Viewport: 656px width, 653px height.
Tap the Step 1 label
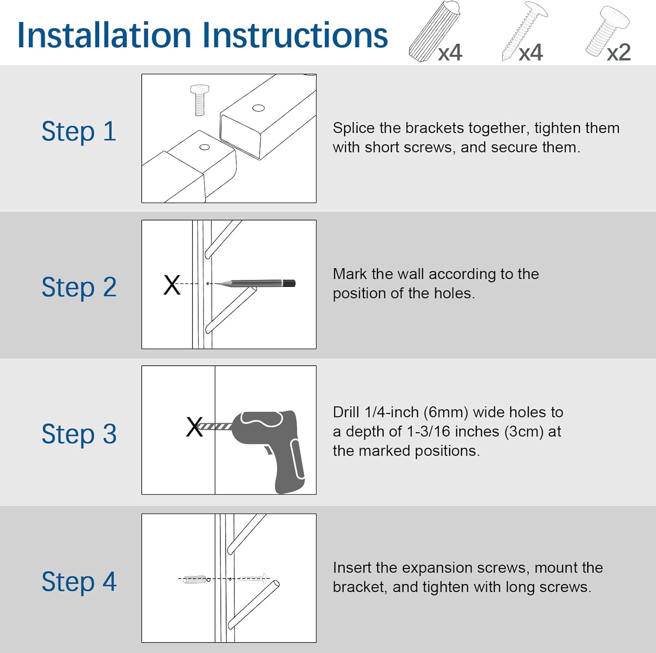[x=79, y=132]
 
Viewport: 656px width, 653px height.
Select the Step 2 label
[x=79, y=287]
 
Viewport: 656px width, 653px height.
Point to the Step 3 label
[x=79, y=434]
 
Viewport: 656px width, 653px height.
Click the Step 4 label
[x=79, y=582]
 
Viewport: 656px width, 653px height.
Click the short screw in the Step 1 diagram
[x=199, y=100]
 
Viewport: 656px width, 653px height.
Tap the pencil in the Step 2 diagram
[x=256, y=283]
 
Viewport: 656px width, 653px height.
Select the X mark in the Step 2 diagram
[x=172, y=285]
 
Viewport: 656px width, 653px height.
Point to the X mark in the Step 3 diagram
[x=194, y=427]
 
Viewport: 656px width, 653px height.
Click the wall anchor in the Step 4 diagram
[x=194, y=580]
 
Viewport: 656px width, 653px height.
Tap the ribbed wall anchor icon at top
[x=435, y=31]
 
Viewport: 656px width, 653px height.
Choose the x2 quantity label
[x=619, y=52]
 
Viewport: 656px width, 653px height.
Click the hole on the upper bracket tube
[x=258, y=108]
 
